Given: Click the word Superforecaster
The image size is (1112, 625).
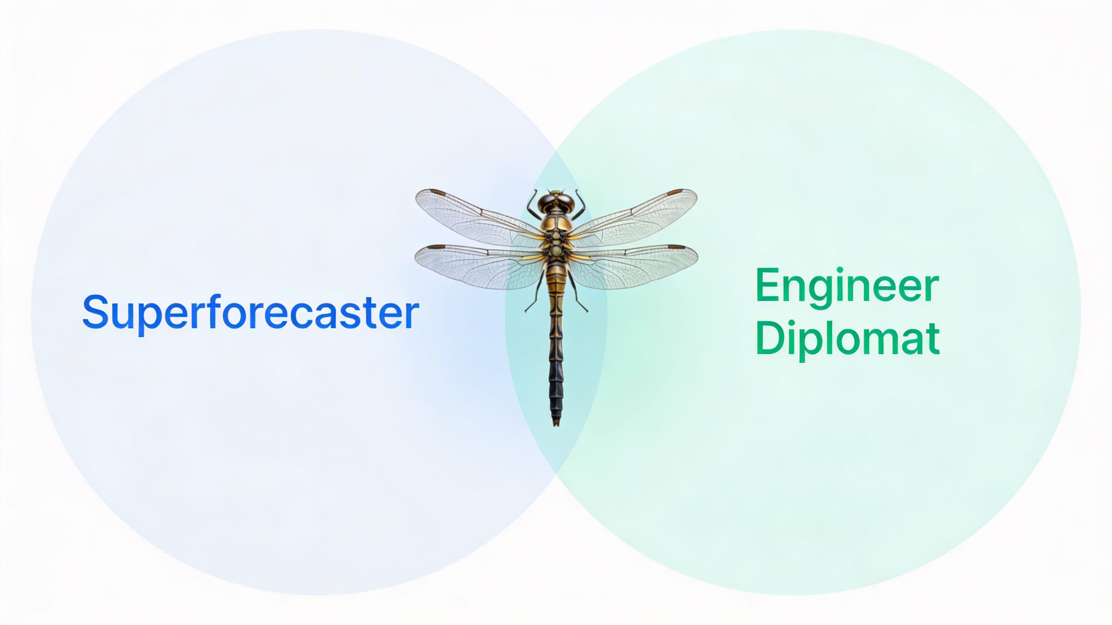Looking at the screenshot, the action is [250, 311].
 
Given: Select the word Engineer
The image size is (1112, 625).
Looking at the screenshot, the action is [847, 287].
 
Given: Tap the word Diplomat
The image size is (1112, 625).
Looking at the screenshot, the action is [848, 340].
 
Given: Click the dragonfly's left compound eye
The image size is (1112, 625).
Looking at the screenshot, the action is [547, 201].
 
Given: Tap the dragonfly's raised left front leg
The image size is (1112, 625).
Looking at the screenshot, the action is [533, 203].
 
